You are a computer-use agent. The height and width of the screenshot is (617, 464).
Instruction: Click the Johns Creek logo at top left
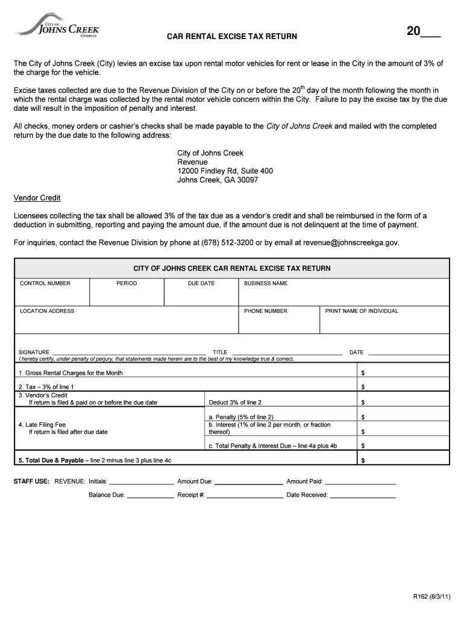tap(58, 26)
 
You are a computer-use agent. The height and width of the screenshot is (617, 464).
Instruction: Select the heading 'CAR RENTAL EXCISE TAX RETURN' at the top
tap(232, 37)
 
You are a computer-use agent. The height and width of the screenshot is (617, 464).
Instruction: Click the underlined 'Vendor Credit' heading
tap(37, 198)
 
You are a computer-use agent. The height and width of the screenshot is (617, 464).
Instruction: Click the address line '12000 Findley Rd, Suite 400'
tap(225, 171)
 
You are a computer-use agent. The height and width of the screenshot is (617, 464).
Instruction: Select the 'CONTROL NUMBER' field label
tap(45, 283)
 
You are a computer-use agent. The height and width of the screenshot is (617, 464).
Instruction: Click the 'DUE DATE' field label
tap(201, 283)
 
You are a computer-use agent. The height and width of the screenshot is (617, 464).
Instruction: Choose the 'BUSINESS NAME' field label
tap(266, 283)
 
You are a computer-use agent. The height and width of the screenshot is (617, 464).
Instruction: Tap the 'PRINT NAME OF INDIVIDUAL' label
tap(362, 311)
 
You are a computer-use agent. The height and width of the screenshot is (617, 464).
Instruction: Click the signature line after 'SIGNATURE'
tap(130, 353)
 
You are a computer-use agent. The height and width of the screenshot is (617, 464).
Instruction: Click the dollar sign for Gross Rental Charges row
tap(363, 373)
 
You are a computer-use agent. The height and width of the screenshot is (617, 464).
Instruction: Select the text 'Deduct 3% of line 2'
tap(235, 402)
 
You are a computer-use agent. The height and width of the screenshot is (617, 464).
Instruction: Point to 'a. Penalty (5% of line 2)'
tap(241, 417)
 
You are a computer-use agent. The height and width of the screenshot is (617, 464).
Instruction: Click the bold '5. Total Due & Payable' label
tap(51, 460)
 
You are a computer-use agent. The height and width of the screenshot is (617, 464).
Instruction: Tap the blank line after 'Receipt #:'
tap(245, 496)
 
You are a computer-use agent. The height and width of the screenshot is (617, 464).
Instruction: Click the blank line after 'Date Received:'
tap(363, 496)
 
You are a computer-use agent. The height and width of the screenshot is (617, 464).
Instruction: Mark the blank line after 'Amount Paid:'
tap(360, 483)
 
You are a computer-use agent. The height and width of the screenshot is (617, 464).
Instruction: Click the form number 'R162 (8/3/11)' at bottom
tap(431, 597)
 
